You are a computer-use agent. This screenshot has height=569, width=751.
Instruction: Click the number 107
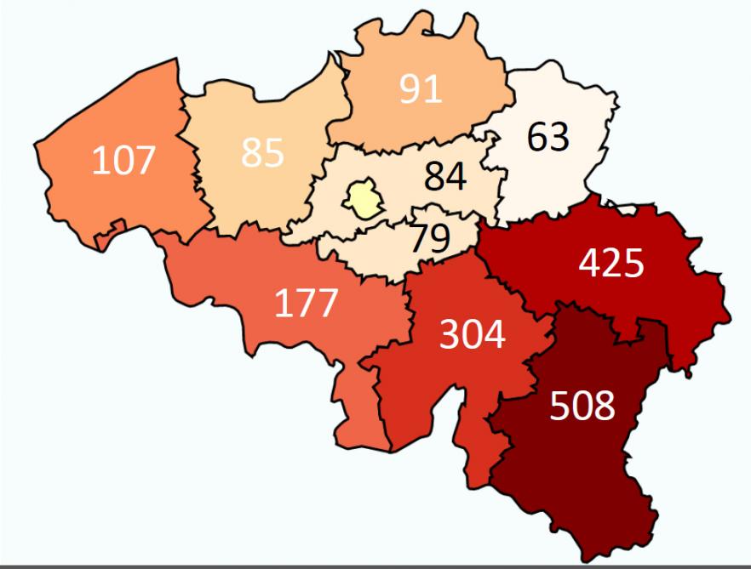(x=124, y=160)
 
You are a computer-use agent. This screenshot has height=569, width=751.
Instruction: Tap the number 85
(x=262, y=153)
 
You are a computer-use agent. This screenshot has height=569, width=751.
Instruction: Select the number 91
(x=421, y=89)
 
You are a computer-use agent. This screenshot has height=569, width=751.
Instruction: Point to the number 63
(x=547, y=136)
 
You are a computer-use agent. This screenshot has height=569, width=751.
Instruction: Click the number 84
(x=445, y=177)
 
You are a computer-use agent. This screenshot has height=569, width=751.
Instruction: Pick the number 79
(x=430, y=238)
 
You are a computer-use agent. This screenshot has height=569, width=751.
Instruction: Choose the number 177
(x=307, y=303)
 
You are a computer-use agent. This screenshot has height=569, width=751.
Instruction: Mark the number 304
(x=472, y=336)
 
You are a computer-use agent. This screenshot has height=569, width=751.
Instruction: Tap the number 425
(x=611, y=264)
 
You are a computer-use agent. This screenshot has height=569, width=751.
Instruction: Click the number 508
(x=582, y=407)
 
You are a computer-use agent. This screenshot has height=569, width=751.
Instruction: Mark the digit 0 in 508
(x=582, y=407)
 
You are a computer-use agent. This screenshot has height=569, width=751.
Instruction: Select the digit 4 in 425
(x=590, y=264)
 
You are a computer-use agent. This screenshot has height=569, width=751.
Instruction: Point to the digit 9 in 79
(x=439, y=238)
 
